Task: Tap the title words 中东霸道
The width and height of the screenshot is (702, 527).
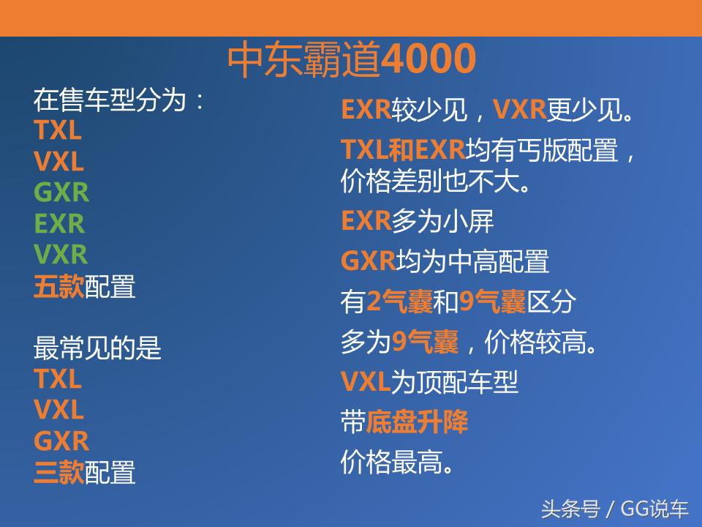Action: click(x=303, y=60)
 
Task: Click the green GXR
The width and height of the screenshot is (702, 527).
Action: click(x=61, y=193)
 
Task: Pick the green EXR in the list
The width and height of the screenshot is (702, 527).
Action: click(x=59, y=223)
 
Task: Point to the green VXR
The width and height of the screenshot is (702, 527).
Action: click(x=61, y=254)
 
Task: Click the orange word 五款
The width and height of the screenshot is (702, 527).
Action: click(x=58, y=286)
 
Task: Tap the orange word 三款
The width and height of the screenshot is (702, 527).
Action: click(x=58, y=472)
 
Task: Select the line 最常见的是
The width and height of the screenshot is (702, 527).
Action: click(x=97, y=348)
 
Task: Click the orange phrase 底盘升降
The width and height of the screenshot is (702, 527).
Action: click(x=417, y=422)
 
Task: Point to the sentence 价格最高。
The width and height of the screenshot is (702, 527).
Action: click(x=397, y=462)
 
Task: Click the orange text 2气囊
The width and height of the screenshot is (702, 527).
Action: click(x=399, y=302)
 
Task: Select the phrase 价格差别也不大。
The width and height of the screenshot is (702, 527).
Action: click(x=436, y=182)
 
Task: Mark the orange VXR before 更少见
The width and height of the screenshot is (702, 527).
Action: click(x=520, y=110)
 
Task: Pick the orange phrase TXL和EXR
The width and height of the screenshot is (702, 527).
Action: click(x=403, y=150)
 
